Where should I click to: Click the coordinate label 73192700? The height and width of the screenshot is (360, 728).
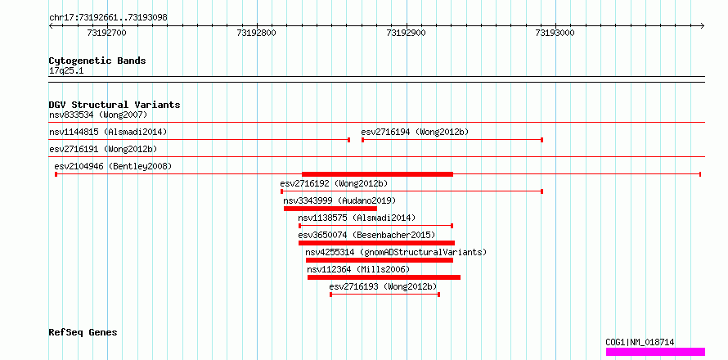click(106, 33)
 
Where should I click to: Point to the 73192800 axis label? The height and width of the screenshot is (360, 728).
click(256, 33)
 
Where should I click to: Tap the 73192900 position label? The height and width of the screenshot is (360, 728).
click(406, 33)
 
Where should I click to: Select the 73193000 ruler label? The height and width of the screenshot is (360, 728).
click(555, 33)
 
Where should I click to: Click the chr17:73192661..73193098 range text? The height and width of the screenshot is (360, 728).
click(108, 18)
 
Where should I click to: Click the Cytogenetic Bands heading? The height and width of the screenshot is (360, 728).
click(97, 61)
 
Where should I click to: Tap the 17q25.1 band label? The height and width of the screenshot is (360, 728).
click(66, 71)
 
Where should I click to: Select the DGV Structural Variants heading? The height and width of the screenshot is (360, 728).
click(115, 105)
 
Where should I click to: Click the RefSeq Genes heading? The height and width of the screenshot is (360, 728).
click(83, 332)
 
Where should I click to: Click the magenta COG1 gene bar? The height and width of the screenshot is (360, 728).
click(655, 352)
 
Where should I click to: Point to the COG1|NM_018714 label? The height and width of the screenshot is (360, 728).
click(640, 342)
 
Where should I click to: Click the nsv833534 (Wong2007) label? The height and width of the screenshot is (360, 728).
click(98, 115)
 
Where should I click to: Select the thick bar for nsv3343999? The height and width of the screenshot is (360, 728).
click(330, 209)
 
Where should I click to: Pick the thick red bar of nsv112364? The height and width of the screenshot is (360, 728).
click(384, 277)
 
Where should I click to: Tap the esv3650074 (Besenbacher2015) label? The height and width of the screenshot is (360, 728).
click(366, 235)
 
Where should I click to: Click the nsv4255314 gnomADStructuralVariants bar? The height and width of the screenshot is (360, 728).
click(380, 260)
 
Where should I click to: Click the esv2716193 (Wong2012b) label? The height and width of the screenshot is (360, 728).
click(383, 286)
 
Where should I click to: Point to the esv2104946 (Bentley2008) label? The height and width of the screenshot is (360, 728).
click(113, 166)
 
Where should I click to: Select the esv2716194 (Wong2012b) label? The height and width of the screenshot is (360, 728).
click(415, 132)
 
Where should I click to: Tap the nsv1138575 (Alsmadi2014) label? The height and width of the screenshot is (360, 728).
click(357, 218)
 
